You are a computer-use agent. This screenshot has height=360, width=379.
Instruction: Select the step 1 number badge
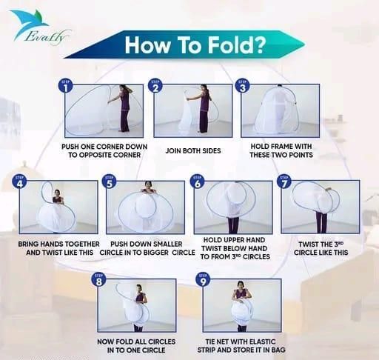(x=66, y=87)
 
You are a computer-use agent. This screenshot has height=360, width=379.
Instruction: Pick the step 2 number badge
(x=155, y=87)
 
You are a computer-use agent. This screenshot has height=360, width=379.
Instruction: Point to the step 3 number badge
(x=243, y=87)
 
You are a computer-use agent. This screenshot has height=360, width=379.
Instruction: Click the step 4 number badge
(x=20, y=182)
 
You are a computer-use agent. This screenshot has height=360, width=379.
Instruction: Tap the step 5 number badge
(x=110, y=182)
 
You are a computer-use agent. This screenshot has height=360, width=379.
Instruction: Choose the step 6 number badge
(x=198, y=182)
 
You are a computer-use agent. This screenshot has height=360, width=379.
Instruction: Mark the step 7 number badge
(x=284, y=182)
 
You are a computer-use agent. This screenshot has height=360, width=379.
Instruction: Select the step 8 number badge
(x=98, y=280)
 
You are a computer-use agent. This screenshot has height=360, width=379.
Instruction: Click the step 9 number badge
(x=203, y=280)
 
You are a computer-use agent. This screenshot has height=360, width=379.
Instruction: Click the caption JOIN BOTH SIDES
(x=193, y=150)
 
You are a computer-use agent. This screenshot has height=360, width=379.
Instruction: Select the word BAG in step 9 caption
(x=278, y=350)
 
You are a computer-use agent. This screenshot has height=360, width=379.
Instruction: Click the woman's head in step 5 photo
(x=147, y=184)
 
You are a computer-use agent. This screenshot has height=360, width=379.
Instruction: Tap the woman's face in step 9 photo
(x=241, y=286)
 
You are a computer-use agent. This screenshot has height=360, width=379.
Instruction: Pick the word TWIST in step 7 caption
(x=308, y=244)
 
